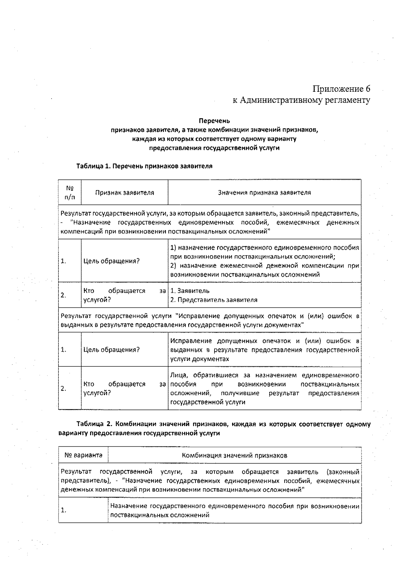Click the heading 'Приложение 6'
point(341,89)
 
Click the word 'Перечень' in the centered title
point(214,121)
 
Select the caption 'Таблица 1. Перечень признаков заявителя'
point(144,166)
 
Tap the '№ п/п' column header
point(70,192)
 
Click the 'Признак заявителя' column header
point(125,192)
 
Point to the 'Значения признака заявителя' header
point(264,192)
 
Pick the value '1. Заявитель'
point(190,291)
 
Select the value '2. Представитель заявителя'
point(214,300)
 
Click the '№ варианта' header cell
point(83,455)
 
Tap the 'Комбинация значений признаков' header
point(234,455)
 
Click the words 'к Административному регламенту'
point(301,100)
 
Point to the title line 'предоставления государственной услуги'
point(214,148)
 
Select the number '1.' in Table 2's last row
point(64,510)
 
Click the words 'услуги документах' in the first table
point(199,359)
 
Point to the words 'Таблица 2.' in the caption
point(91,424)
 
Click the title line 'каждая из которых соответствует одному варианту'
point(214,139)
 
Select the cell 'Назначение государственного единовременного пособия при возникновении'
point(234,506)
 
